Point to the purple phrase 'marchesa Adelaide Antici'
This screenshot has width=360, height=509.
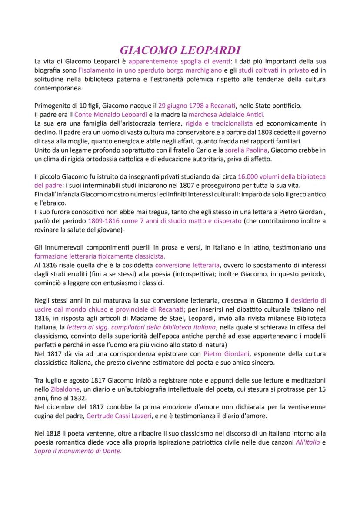226,115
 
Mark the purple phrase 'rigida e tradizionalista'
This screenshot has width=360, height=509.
219,123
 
